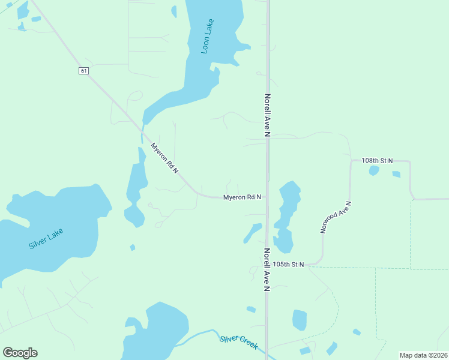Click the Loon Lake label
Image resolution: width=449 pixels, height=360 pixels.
(x=208, y=37)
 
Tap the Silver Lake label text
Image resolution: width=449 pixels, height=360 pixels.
(x=46, y=238)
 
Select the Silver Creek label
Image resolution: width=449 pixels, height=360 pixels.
(x=238, y=342)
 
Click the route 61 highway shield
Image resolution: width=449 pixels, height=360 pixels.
(x=83, y=71)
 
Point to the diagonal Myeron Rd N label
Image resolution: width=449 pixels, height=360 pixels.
(x=164, y=158)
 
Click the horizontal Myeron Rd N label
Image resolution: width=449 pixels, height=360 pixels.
(x=242, y=197)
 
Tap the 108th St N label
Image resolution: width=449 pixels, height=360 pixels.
(x=377, y=161)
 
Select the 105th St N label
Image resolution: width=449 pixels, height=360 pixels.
(x=288, y=264)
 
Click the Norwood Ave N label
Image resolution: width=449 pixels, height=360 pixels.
(x=336, y=217)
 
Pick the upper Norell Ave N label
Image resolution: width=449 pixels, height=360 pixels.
(x=267, y=116)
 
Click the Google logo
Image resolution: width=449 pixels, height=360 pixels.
(x=20, y=353)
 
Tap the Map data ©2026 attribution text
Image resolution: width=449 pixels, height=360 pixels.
(x=423, y=355)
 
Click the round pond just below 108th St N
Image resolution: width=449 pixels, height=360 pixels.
(x=373, y=171)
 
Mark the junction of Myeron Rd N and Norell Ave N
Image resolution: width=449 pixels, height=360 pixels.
(x=267, y=197)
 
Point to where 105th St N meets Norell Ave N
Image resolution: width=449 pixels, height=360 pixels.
(x=267, y=264)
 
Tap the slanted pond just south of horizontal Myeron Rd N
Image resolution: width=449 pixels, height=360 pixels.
(x=252, y=233)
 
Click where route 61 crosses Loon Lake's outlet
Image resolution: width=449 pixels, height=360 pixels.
(x=142, y=130)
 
